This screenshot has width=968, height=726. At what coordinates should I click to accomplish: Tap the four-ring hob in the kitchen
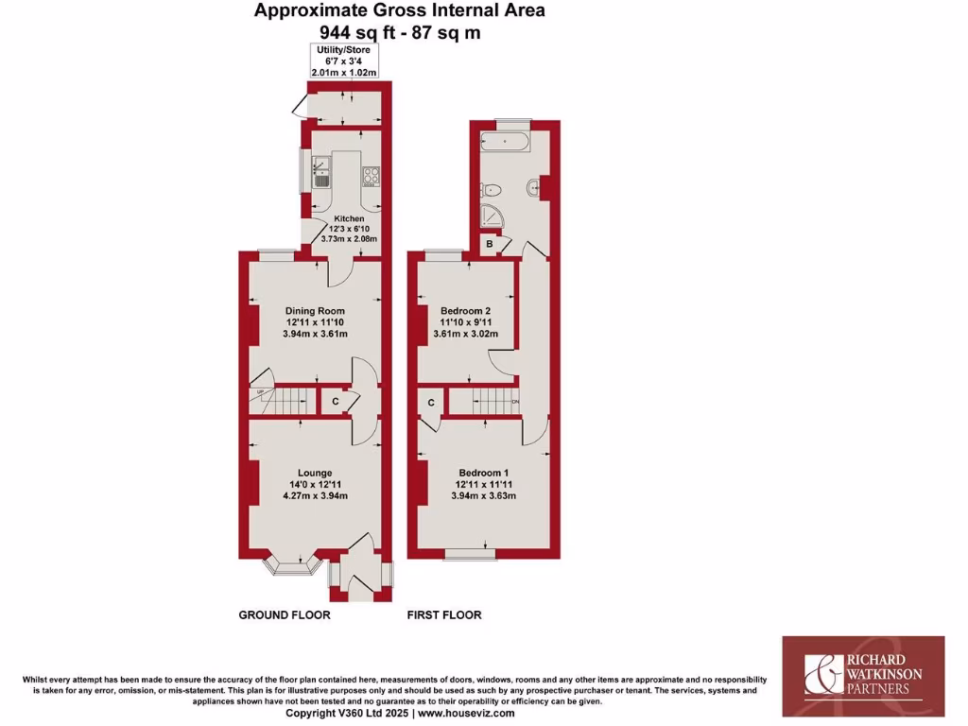point(372,175)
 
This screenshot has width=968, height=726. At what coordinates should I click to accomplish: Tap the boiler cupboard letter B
point(489,245)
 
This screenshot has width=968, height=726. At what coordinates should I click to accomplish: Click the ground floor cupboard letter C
point(336,402)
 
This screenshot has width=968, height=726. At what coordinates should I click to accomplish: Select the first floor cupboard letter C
point(431,403)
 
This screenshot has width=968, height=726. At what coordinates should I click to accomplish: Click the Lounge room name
point(314,473)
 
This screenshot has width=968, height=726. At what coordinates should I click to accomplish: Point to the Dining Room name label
point(315,311)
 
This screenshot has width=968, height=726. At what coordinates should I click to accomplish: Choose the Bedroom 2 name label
point(466,310)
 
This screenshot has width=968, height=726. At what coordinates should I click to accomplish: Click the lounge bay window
point(289,564)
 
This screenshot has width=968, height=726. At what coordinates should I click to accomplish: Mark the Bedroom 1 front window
point(470,553)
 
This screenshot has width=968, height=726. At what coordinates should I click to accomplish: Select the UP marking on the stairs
point(256,392)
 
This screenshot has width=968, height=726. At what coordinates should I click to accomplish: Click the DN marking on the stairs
point(514,403)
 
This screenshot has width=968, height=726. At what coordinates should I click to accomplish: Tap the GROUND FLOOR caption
point(284,615)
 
